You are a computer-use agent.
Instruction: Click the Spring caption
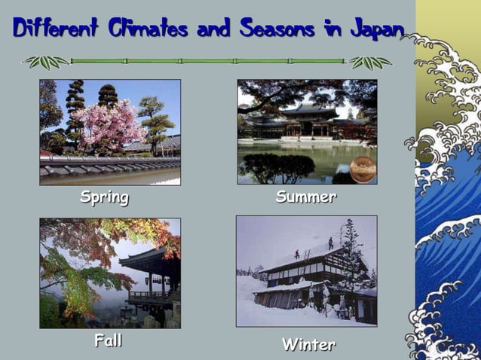click(105, 198)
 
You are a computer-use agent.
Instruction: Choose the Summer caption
click(305, 197)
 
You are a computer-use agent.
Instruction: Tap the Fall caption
click(108, 340)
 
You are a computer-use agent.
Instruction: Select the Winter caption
click(308, 345)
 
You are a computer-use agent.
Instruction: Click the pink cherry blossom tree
click(109, 124)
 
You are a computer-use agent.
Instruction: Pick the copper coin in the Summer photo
click(363, 168)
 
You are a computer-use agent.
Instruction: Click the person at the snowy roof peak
click(330, 243)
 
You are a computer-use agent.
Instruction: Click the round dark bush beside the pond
click(275, 166)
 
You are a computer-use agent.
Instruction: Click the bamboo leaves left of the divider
click(45, 62)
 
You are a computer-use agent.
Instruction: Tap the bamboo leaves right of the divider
click(370, 62)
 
